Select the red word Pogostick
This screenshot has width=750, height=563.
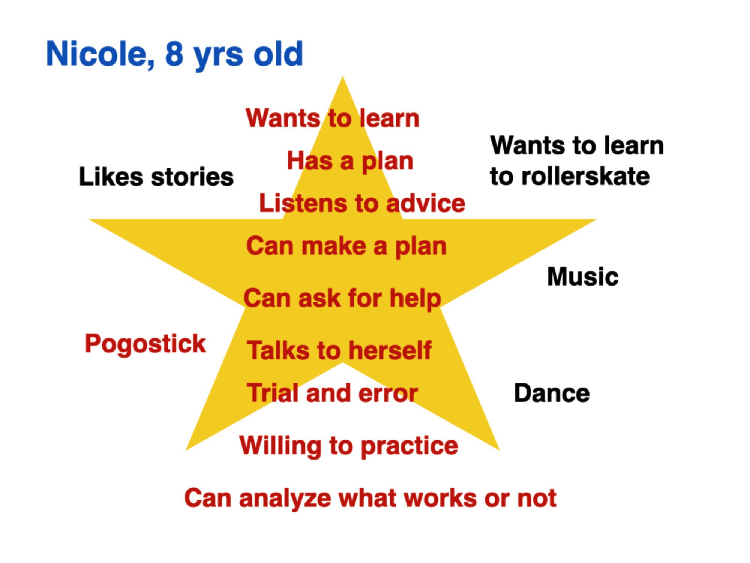point(145,344)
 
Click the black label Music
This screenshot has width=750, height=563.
point(583,277)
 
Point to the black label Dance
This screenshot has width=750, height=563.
point(552,393)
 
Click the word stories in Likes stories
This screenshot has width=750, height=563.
point(192,177)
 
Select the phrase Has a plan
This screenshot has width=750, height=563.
point(350,161)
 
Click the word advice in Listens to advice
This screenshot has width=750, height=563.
point(426,203)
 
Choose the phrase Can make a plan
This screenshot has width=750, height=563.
point(346,247)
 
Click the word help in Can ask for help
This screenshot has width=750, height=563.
point(415,299)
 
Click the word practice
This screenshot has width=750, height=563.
point(409,446)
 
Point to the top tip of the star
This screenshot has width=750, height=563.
point(342,77)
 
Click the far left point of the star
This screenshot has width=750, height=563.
point(89,220)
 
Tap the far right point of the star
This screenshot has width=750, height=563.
point(596,220)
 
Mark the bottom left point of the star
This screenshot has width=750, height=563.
point(186,449)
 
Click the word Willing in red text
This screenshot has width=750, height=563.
point(280,446)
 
